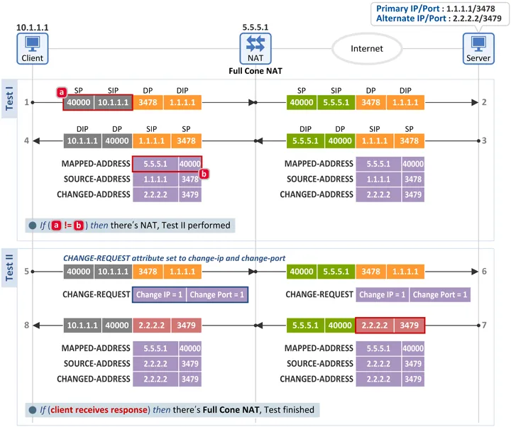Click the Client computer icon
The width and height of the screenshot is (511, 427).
[x=32, y=48]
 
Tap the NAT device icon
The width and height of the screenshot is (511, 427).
[x=255, y=48]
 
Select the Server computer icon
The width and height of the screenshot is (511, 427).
[x=478, y=48]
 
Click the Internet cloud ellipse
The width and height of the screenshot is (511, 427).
[x=367, y=48]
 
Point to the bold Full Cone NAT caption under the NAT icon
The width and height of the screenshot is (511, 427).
[x=255, y=71]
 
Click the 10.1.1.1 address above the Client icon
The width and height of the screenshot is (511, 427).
[x=32, y=28]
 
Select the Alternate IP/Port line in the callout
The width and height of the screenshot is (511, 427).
[x=439, y=18]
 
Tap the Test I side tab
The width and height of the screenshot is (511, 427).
[x=9, y=99]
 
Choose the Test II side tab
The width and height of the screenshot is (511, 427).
[x=9, y=267]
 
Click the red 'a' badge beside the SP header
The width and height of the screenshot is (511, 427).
[x=61, y=92]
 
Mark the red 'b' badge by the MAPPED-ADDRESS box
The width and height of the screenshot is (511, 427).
[x=204, y=174]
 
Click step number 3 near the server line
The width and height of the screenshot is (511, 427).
[x=484, y=140]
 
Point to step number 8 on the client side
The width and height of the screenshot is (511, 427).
[x=27, y=325]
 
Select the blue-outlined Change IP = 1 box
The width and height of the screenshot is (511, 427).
[x=160, y=294]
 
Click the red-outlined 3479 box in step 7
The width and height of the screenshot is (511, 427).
[x=410, y=325]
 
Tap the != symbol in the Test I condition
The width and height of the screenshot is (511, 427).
[x=68, y=226]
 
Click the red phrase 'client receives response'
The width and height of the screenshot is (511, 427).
[x=99, y=410]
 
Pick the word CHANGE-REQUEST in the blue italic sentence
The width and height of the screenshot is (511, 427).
[x=97, y=258]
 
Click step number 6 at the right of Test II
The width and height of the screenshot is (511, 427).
[x=484, y=272]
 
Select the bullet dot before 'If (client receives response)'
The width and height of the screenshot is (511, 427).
[x=32, y=410]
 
